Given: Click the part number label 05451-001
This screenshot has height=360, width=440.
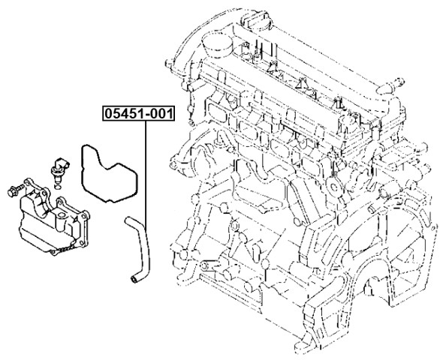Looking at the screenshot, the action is pyautogui.click(x=139, y=113).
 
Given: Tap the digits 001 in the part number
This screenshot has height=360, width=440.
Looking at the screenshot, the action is pyautogui.click(x=161, y=113).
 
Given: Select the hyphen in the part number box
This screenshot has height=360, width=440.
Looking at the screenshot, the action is pyautogui.click(x=146, y=115).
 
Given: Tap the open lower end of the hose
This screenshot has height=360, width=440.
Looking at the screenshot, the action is pyautogui.click(x=134, y=279).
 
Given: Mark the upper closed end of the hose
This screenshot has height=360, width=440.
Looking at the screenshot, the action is pyautogui.click(x=128, y=220).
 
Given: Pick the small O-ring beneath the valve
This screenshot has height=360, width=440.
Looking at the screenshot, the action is pyautogui.click(x=57, y=187).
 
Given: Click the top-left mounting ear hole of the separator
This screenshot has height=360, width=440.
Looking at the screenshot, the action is pyautogui.click(x=27, y=182).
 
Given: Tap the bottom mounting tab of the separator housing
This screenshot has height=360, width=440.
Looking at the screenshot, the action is pyautogui.click(x=53, y=252).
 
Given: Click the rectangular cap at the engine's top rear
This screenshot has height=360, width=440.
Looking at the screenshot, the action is pyautogui.click(x=257, y=20).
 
